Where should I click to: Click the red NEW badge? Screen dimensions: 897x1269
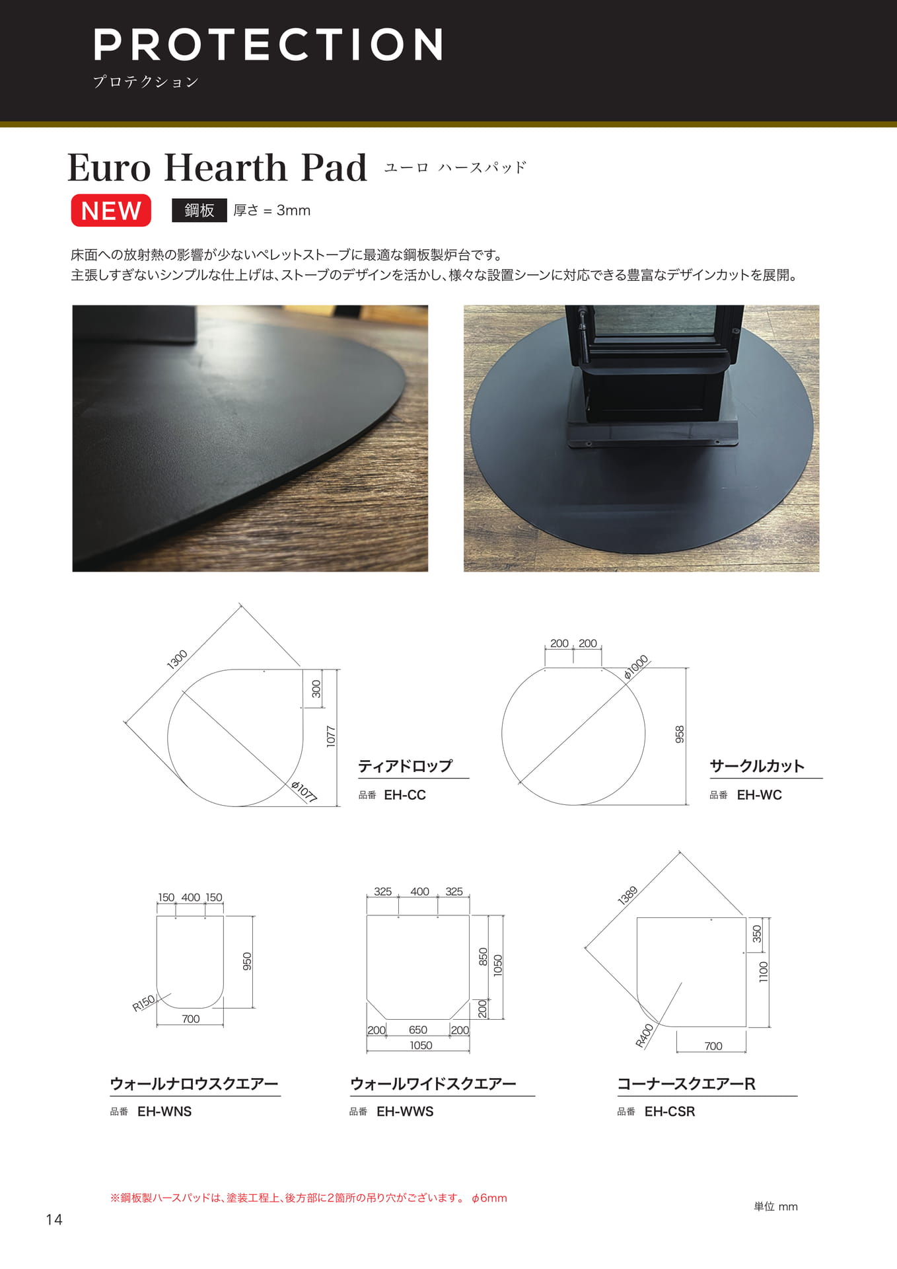point(111,210)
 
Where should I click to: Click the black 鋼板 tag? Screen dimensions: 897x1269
point(199,210)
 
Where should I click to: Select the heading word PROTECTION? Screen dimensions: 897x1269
point(268,44)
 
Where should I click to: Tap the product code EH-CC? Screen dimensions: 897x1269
point(405,795)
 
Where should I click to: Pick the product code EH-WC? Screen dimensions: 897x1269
point(759,795)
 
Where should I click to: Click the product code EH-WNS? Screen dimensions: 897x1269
point(164,1112)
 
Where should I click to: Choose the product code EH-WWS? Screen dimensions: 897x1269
point(405,1112)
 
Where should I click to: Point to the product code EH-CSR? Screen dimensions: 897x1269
point(670,1112)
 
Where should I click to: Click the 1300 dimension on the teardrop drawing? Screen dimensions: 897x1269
point(177,659)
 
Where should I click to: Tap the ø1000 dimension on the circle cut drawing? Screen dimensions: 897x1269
point(636,667)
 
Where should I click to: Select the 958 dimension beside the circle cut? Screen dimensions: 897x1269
point(680,734)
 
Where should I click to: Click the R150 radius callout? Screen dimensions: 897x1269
point(143,1003)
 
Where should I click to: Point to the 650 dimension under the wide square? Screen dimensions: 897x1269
point(418,1030)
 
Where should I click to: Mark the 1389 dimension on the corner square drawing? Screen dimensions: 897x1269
point(628,896)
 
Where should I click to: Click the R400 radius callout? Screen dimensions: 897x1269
point(644,1036)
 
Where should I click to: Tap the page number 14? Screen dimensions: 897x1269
point(54,1219)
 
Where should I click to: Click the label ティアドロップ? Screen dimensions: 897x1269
point(406,766)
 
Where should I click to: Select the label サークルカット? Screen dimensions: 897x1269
point(757,766)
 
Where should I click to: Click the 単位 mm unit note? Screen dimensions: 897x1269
point(775,1206)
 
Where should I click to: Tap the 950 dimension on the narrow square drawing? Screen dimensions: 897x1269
point(247,961)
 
